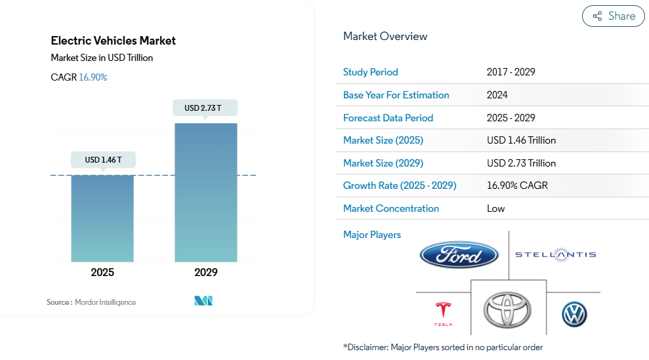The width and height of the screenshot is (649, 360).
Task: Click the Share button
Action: (613, 16)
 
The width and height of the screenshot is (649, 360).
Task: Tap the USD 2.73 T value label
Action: (205, 108)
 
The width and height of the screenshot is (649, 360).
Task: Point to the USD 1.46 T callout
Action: (102, 159)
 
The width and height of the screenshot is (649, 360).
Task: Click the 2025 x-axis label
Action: (102, 272)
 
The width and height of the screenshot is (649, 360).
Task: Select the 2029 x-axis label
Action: (205, 272)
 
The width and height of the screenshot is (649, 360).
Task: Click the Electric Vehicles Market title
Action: (114, 41)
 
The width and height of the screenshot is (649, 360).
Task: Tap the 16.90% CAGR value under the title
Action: (93, 77)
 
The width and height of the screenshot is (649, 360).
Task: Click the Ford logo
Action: (459, 254)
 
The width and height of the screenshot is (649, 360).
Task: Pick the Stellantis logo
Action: (555, 254)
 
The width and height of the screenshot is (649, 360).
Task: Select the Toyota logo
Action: (507, 310)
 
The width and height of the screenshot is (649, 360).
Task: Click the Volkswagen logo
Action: (574, 315)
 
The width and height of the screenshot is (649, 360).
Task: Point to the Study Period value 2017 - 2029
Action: (511, 72)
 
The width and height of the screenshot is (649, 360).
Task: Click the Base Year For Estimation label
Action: (396, 95)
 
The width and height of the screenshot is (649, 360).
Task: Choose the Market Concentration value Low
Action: (495, 209)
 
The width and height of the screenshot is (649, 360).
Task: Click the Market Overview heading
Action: (385, 36)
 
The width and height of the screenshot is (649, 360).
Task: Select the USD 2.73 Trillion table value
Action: (521, 163)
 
